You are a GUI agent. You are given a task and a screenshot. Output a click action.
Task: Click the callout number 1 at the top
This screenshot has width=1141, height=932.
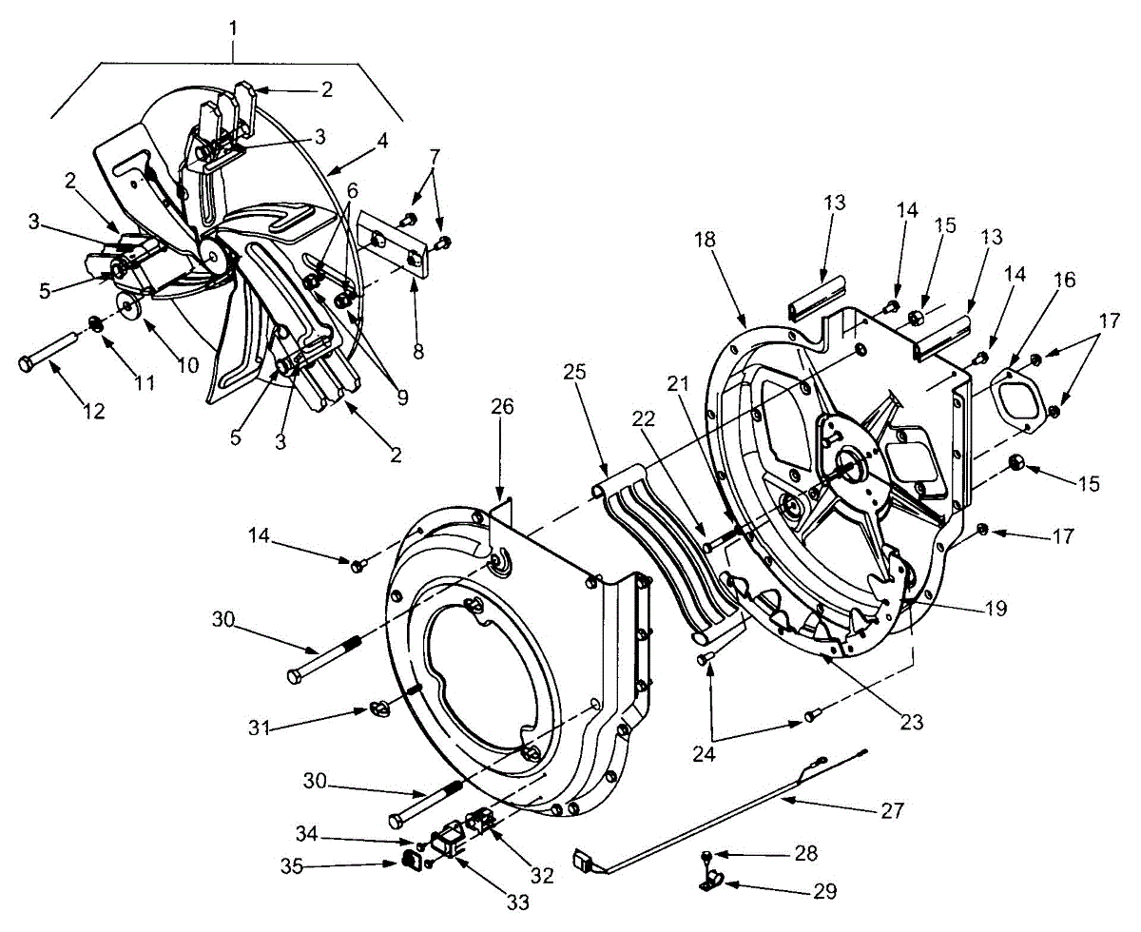(233, 29)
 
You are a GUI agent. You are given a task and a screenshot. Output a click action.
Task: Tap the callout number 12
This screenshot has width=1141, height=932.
(93, 412)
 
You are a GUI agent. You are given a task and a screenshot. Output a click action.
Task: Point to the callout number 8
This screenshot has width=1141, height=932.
(417, 352)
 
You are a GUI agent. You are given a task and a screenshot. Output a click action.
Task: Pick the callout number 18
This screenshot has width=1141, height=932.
(705, 240)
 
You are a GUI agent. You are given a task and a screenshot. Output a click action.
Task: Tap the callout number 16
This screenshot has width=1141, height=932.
(1065, 280)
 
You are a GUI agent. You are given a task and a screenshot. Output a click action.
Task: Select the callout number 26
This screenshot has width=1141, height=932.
(502, 406)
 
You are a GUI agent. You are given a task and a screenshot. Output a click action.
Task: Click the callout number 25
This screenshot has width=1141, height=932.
(574, 372)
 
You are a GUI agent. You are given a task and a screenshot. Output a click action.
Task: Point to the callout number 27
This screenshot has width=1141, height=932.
(893, 810)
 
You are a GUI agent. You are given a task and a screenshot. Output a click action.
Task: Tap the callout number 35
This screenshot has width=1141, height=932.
(292, 866)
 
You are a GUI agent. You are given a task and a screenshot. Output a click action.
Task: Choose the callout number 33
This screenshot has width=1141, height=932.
(518, 903)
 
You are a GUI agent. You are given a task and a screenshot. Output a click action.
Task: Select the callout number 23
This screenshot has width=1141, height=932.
(911, 722)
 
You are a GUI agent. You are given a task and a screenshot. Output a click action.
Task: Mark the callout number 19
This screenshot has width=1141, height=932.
(996, 609)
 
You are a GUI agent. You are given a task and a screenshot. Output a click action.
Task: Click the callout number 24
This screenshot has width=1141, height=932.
(704, 753)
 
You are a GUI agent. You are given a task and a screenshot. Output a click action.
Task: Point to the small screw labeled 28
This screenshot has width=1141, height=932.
(706, 855)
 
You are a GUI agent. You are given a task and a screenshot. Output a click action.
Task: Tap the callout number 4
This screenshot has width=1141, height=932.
(382, 141)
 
